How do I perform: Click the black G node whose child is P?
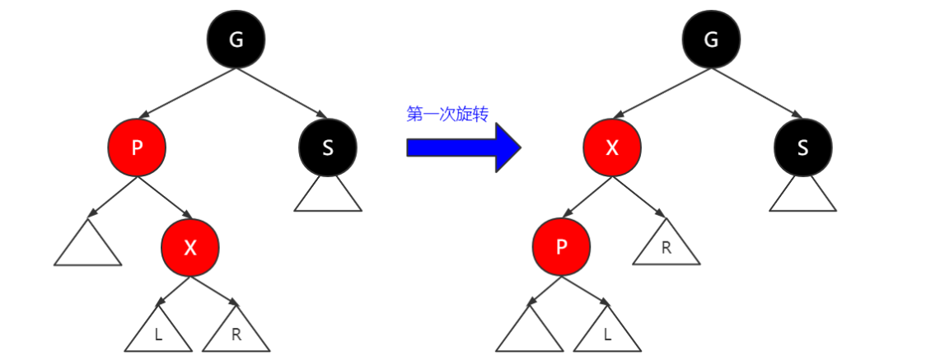(236, 40)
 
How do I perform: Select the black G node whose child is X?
(712, 40)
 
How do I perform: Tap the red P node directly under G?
(137, 147)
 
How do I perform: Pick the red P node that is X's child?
(561, 247)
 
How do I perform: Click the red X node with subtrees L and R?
(190, 247)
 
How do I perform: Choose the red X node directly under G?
(612, 147)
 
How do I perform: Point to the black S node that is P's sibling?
(328, 147)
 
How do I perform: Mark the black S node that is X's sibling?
(803, 147)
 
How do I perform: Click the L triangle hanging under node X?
(158, 333)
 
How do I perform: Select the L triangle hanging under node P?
(607, 333)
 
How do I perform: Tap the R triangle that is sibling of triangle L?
(236, 333)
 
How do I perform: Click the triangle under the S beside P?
(328, 198)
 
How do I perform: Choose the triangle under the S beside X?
(803, 198)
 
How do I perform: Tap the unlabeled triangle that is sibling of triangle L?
(529, 333)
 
